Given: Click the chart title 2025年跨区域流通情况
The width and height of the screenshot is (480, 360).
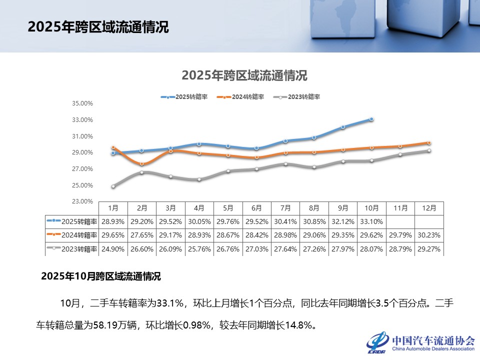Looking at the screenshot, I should (x=244, y=75).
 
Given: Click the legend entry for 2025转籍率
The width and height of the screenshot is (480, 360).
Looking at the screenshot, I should (x=184, y=97).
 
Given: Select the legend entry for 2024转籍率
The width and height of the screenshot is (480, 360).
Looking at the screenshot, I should (x=241, y=97).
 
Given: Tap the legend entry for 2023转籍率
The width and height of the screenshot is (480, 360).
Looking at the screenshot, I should (x=297, y=97).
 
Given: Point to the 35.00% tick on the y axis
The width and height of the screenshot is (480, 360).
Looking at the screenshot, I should (x=83, y=103).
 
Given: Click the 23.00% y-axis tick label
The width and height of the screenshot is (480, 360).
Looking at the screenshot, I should (x=83, y=201).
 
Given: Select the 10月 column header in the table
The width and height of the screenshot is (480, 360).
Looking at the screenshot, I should (x=371, y=207).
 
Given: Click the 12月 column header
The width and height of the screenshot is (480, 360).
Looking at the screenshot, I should (x=429, y=207).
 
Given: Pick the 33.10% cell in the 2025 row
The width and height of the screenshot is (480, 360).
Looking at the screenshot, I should (x=371, y=221).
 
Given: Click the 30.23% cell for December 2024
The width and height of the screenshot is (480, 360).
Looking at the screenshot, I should (x=429, y=235).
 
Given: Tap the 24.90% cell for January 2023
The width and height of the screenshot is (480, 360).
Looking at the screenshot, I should (x=113, y=249).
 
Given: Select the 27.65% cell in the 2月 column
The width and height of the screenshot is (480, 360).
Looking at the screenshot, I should (x=142, y=235).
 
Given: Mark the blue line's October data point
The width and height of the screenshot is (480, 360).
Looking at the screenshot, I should (x=371, y=119).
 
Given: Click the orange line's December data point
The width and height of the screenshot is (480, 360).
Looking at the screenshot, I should (x=429, y=143).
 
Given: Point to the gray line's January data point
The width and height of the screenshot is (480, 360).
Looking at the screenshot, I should (x=113, y=186).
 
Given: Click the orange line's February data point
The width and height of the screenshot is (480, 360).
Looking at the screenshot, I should (x=142, y=164).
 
